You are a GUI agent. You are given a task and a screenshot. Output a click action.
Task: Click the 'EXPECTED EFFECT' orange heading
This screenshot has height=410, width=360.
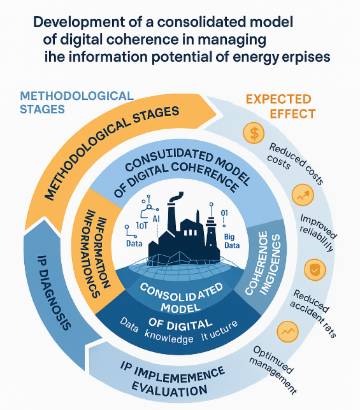[278, 106]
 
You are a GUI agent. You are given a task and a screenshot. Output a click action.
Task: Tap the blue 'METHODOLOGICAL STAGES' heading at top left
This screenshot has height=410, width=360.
[76, 102]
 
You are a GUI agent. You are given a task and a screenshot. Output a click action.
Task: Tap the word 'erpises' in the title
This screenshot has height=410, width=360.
[303, 56]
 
